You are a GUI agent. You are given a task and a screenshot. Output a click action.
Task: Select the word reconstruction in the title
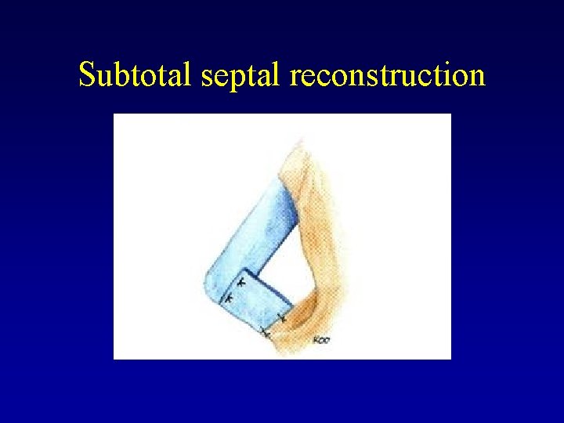pyautogui.click(x=387, y=76)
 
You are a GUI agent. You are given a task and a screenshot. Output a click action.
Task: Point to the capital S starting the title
pyautogui.click(x=88, y=75)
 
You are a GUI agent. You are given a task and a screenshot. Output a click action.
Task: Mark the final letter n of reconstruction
pyautogui.click(x=476, y=78)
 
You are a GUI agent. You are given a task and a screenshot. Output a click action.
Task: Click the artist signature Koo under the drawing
pyautogui.click(x=320, y=339)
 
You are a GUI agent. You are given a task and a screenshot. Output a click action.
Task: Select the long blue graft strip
pyautogui.click(x=251, y=235)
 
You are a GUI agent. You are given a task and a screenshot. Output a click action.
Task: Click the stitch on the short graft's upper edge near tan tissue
pyautogui.click(x=281, y=318)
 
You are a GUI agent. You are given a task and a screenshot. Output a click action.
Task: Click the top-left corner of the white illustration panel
pyautogui.click(x=114, y=114)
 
